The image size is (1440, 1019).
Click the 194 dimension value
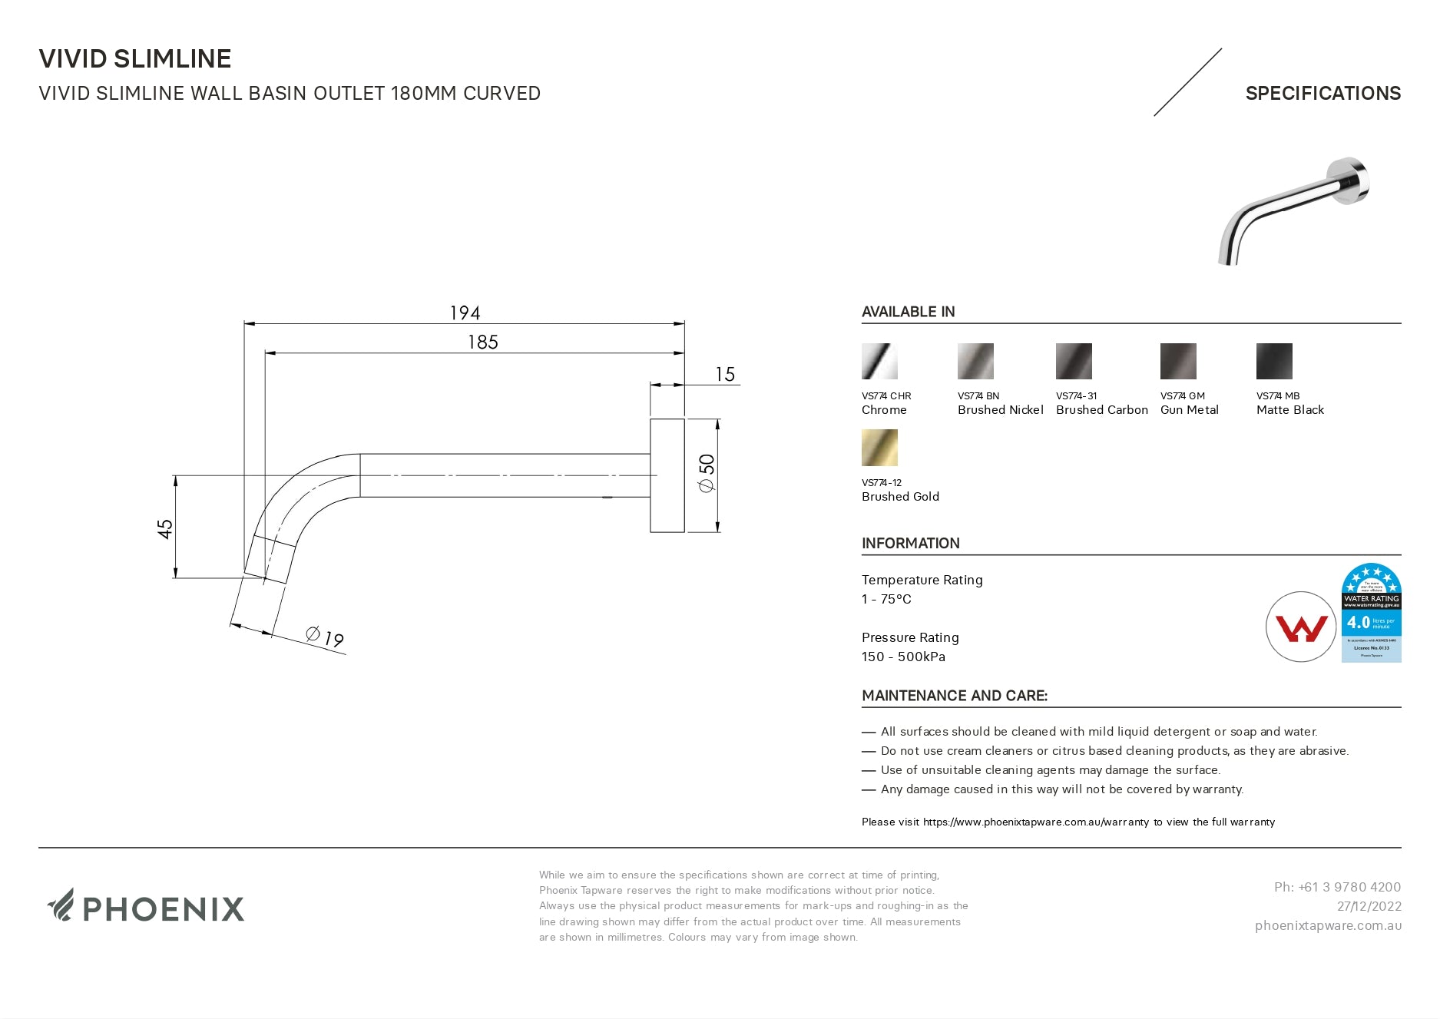[465, 313]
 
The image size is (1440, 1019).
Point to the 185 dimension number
[483, 342]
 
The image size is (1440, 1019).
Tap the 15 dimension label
[725, 375]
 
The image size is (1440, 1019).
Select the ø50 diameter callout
[707, 473]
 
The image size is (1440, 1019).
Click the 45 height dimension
[165, 528]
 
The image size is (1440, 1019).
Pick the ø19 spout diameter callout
[325, 637]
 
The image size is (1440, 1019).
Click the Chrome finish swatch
[879, 362]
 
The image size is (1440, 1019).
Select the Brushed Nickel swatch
[975, 362]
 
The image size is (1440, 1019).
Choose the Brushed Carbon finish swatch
[1074, 362]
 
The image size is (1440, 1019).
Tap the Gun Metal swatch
[1178, 362]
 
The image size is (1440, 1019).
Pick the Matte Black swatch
[1274, 362]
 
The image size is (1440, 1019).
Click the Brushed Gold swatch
[879, 448]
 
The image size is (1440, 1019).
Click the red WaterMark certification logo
[1301, 627]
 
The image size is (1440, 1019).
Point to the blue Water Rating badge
[1371, 613]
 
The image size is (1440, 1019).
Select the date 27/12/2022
[1369, 906]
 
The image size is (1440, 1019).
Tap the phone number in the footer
[1337, 887]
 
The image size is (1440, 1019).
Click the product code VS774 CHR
[886, 396]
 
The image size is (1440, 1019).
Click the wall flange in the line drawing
[667, 475]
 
